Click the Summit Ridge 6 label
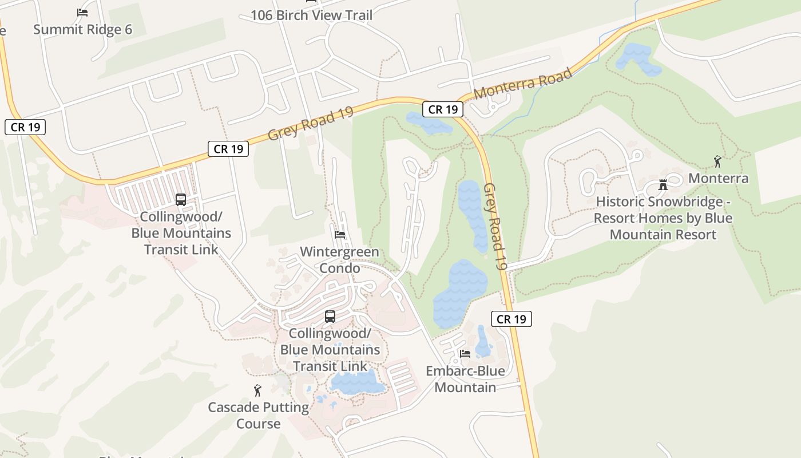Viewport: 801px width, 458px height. coord(82,30)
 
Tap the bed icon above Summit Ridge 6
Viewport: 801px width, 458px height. coord(82,12)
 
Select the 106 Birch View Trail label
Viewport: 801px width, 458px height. coord(311,15)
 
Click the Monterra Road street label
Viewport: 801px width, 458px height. coord(523,84)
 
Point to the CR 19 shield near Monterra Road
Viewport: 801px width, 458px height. coord(443,109)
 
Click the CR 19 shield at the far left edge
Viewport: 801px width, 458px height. coord(25,127)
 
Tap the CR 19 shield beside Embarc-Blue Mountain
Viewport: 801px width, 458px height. coord(511,319)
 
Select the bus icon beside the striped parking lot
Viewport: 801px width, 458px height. coord(181,200)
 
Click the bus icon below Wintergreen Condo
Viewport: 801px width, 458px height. coord(330,316)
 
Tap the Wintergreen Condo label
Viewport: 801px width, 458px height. coord(339,260)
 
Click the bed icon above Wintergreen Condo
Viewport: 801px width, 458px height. coord(340,235)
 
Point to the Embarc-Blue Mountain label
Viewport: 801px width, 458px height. coord(465,379)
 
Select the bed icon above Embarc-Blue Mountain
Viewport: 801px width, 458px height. coord(465,354)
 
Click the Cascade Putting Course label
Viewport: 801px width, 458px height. coord(258,416)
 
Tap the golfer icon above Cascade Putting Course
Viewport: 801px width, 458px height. coord(257,390)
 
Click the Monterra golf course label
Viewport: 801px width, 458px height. coord(718,178)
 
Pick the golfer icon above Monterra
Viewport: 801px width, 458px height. coord(717,161)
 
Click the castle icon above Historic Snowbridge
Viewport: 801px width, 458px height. coord(663,185)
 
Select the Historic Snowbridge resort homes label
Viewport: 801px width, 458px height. coord(663,218)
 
